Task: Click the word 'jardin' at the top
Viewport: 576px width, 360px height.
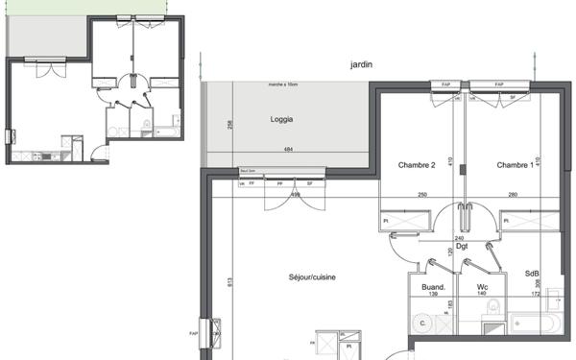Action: tap(362, 65)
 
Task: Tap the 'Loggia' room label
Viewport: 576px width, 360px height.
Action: tap(281, 120)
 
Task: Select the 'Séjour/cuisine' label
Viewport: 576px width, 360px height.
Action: tap(285, 278)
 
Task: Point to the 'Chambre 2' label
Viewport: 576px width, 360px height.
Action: tap(417, 165)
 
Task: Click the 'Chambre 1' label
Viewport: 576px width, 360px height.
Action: tap(516, 165)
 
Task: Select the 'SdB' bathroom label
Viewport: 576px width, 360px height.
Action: tap(531, 274)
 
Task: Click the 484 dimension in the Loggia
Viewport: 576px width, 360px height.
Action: tap(288, 150)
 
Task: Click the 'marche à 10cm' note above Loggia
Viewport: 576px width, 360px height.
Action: tap(283, 84)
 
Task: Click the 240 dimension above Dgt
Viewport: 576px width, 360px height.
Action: tap(459, 237)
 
